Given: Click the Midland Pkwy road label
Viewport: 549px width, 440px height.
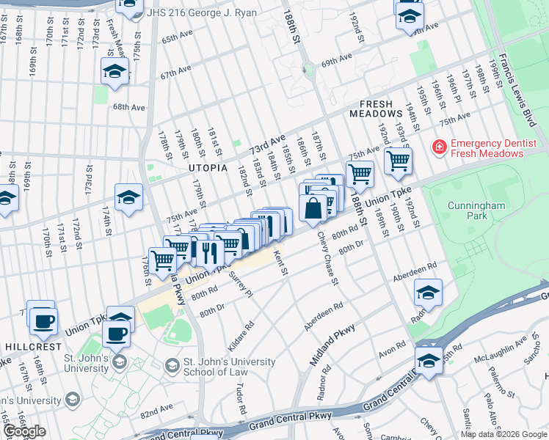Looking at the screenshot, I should [332, 344].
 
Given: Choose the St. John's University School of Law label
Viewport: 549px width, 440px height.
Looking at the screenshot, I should [229, 367].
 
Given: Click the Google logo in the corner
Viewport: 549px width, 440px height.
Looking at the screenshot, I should [24, 431].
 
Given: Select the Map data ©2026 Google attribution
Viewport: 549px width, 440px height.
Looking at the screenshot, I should [503, 434].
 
